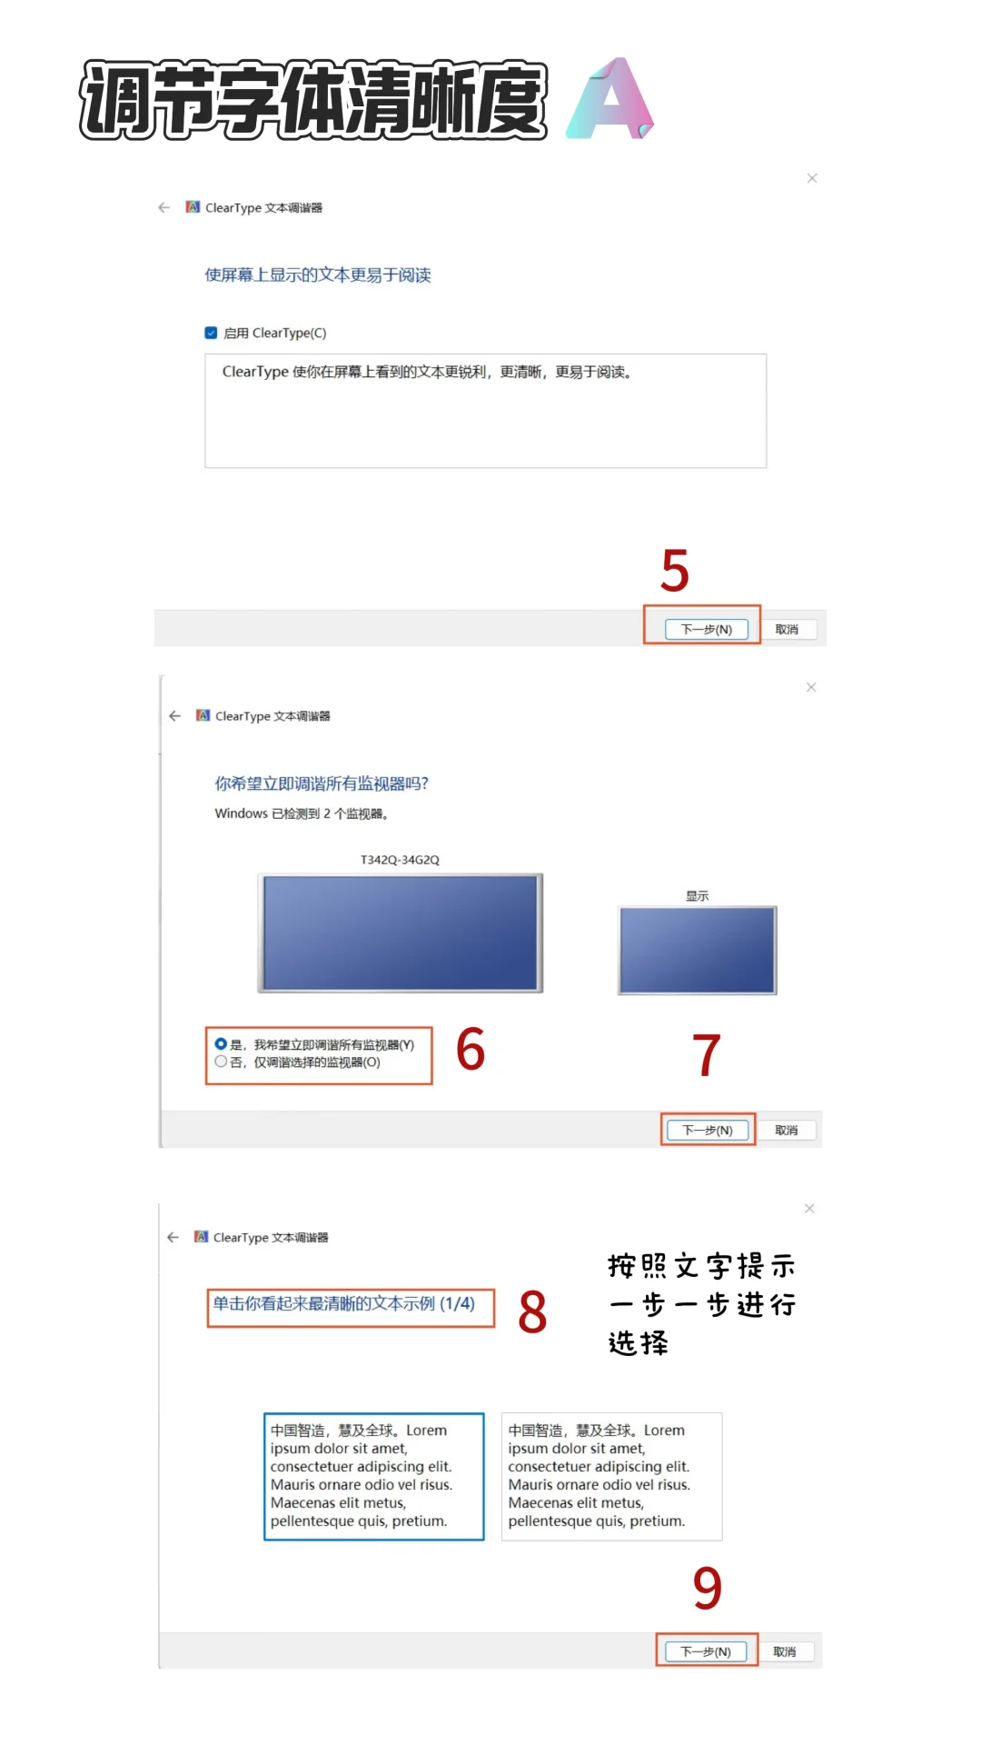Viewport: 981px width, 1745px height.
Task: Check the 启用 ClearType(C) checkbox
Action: tap(211, 333)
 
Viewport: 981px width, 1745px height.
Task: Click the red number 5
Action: tap(675, 571)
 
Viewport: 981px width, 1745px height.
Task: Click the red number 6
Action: tap(471, 1049)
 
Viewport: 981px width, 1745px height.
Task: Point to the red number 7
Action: tap(706, 1055)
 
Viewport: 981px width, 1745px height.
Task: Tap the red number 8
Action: tap(532, 1312)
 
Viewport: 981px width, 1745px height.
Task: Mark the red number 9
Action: tap(707, 1588)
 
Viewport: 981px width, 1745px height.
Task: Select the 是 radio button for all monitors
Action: tap(221, 1044)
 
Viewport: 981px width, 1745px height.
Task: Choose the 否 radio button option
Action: tap(221, 1062)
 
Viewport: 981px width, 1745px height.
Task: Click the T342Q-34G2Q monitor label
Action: tap(400, 860)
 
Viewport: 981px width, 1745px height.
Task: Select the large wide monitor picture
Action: tap(401, 932)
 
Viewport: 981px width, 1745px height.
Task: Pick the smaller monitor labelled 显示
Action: tap(698, 950)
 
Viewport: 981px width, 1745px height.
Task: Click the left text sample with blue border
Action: tap(373, 1476)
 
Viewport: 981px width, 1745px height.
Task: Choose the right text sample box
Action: tap(611, 1476)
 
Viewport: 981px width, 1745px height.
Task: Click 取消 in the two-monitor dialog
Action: tap(786, 1130)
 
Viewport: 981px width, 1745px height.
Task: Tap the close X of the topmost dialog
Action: tap(812, 178)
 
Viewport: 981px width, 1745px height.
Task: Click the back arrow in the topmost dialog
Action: tap(164, 207)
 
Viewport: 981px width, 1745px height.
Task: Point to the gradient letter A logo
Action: tap(609, 99)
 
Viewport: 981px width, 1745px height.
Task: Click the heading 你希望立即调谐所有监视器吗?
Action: tap(322, 783)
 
